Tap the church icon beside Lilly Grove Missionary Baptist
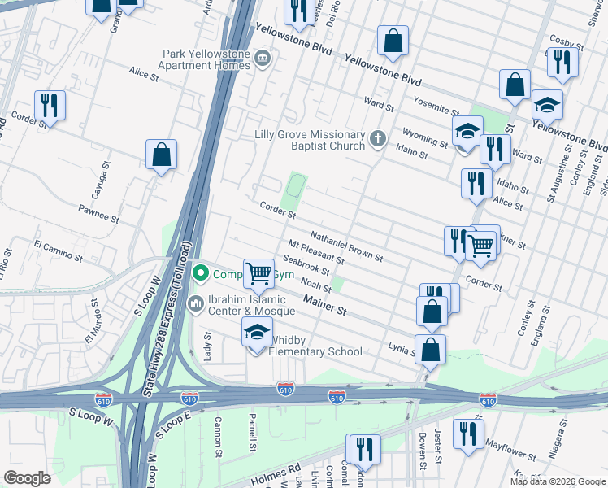pyautogui.click(x=377, y=139)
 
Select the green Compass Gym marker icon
pyautogui.click(x=200, y=275)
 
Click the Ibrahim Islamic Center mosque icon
pyautogui.click(x=195, y=304)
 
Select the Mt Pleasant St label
pyautogui.click(x=316, y=253)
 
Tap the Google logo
pyautogui.click(x=27, y=477)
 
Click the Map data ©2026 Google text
pyautogui.click(x=557, y=481)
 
